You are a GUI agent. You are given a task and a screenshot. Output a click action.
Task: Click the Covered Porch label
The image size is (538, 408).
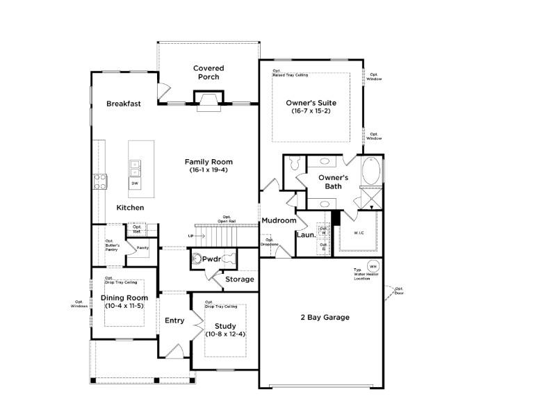click(x=209, y=72)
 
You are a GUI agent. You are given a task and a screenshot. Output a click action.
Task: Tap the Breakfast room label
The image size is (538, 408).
click(x=124, y=104)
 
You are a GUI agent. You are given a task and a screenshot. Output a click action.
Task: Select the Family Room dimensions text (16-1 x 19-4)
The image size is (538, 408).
click(x=209, y=170)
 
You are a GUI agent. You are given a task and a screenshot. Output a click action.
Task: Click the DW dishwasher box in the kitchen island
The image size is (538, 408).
click(x=134, y=183)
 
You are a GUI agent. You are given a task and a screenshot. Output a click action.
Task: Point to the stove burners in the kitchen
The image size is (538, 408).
click(x=100, y=181)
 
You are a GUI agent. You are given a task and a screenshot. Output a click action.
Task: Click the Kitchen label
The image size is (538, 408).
click(x=130, y=208)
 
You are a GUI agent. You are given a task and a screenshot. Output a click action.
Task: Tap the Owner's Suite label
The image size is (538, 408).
click(x=311, y=103)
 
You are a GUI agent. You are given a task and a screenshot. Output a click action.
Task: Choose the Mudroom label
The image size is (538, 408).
click(x=279, y=220)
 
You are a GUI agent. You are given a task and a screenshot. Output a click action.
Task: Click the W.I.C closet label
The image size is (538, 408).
click(x=359, y=233)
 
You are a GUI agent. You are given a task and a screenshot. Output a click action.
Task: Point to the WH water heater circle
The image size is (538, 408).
click(x=373, y=266)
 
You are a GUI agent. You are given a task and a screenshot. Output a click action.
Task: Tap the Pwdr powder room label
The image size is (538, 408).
click(x=211, y=259)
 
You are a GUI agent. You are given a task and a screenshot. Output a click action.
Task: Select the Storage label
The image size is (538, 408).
click(x=239, y=279)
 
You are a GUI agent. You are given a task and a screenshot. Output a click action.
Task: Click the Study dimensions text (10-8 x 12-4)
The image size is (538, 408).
click(x=225, y=334)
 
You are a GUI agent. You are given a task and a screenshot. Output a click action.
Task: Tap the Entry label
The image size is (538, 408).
click(x=174, y=320)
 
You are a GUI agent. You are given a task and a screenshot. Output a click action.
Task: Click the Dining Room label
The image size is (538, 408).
click(x=125, y=297)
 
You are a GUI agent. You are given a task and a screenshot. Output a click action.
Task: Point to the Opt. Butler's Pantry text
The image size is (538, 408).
click(x=113, y=245)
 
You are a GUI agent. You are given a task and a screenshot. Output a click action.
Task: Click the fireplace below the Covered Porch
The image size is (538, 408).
click(x=209, y=104)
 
